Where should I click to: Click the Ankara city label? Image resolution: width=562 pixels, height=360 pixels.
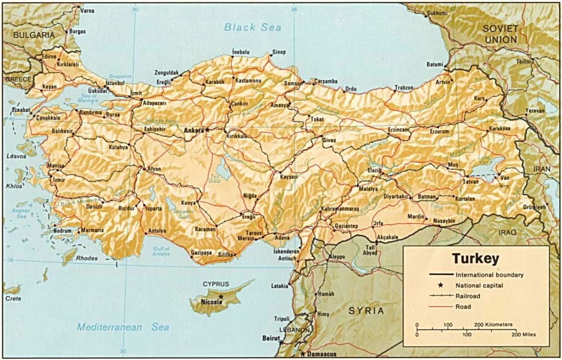[x=194, y=130]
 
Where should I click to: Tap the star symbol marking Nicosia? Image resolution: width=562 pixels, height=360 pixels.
[x=221, y=296]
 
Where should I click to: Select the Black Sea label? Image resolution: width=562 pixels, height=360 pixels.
[x=253, y=27]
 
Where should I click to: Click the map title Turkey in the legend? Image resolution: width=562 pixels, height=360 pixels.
[x=475, y=258]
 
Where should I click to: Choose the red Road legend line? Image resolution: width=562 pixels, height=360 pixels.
[x=441, y=307]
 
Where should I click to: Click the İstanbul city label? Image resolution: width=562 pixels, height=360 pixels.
[x=115, y=83]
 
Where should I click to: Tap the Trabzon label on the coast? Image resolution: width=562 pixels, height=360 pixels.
[x=403, y=88]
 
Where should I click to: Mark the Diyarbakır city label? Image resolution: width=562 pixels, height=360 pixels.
[x=395, y=197]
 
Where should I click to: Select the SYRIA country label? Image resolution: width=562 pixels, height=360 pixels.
[x=366, y=311]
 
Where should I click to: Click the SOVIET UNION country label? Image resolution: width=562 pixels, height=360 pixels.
[x=501, y=34]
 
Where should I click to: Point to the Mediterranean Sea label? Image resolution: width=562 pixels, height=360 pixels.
[x=122, y=327]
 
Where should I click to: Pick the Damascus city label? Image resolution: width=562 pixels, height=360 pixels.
[x=320, y=354]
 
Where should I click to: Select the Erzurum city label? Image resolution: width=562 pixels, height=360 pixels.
[x=440, y=132]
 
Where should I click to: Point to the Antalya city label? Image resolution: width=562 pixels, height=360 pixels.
[x=156, y=231]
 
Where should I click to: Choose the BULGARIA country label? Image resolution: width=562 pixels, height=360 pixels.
[x=33, y=35]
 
